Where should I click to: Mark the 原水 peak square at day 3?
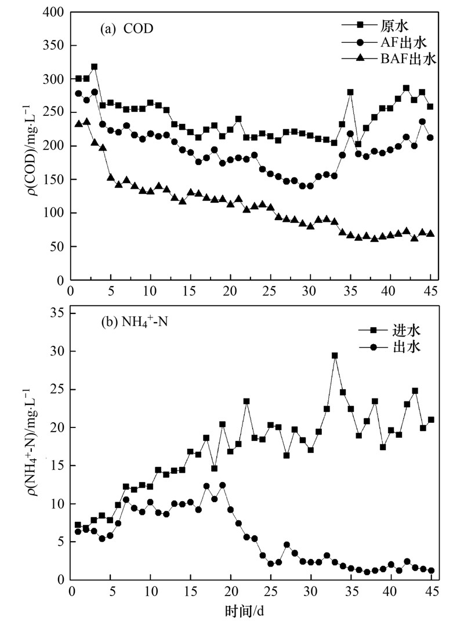pyautogui.click(x=95, y=67)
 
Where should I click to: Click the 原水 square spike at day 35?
pyautogui.click(x=350, y=93)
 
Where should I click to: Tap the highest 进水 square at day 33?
pyautogui.click(x=335, y=356)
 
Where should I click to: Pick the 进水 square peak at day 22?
pyautogui.click(x=246, y=401)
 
